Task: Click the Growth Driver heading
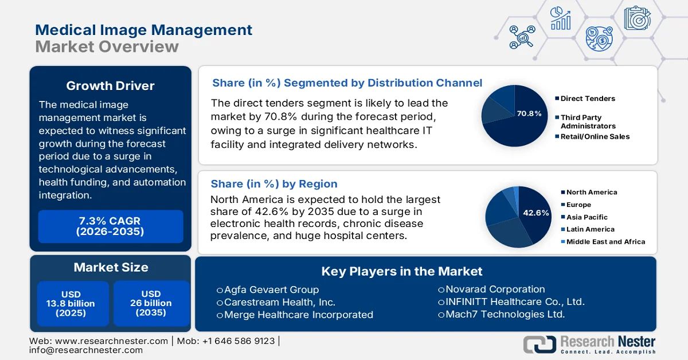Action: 110,86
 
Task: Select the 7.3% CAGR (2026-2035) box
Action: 110,226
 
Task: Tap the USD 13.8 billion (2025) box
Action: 71,303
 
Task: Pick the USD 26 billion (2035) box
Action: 151,303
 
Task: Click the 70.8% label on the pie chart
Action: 529,114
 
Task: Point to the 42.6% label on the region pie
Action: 535,213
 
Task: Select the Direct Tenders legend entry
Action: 587,99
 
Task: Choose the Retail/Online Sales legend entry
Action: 595,136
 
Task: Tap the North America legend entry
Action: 591,193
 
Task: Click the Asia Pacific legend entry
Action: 587,217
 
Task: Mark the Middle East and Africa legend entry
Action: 605,242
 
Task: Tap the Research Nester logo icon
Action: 540,343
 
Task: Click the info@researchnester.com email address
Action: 86,350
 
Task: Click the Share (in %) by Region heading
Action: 274,183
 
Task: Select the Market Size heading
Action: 111,267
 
